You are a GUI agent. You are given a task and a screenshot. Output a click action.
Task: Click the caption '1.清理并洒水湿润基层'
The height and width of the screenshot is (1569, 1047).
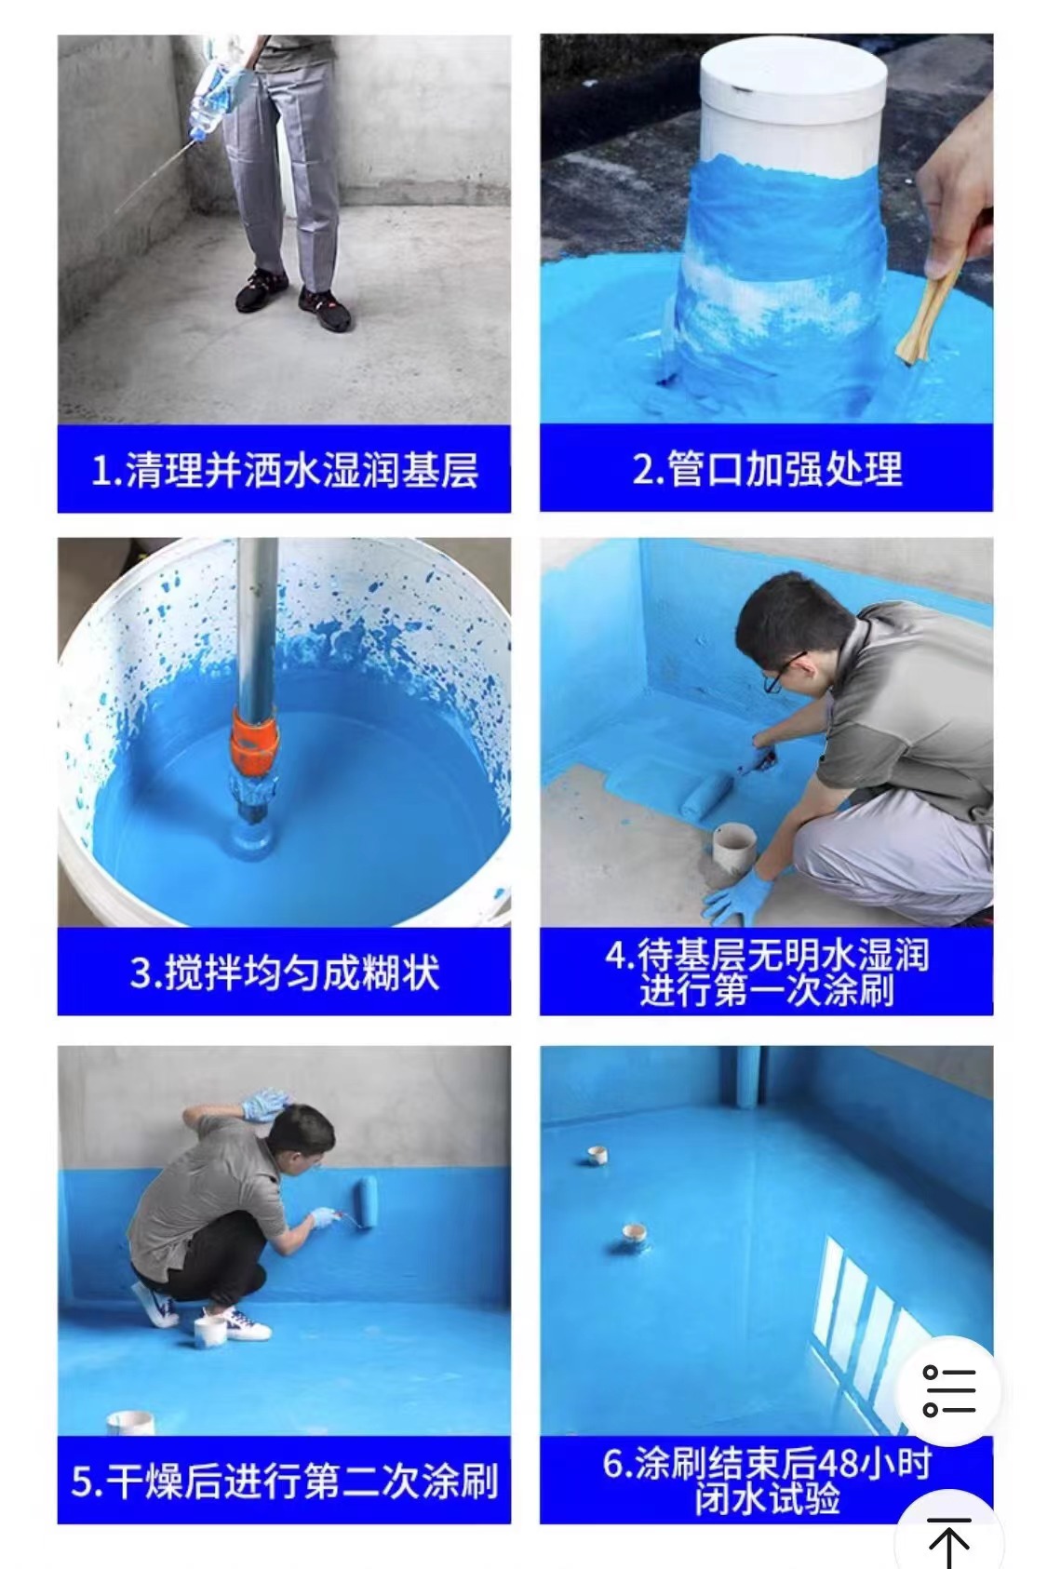coord(285,469)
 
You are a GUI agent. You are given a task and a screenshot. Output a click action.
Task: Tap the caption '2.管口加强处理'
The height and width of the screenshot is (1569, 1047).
coord(767,469)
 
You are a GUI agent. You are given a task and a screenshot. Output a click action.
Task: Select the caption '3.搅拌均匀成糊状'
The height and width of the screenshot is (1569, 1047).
coord(285,972)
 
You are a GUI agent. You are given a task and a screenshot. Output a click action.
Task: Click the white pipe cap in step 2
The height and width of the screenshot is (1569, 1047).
coord(794,70)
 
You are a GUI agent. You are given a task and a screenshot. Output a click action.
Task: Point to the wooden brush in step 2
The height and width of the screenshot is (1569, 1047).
coord(929,315)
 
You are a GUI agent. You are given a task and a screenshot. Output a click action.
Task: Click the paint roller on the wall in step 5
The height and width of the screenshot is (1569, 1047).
coord(367,1200)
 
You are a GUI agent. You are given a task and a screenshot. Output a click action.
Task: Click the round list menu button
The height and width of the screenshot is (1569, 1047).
coord(949,1391)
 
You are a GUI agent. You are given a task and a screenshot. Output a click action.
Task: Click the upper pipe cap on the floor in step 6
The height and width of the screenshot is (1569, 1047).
coord(597,1155)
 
